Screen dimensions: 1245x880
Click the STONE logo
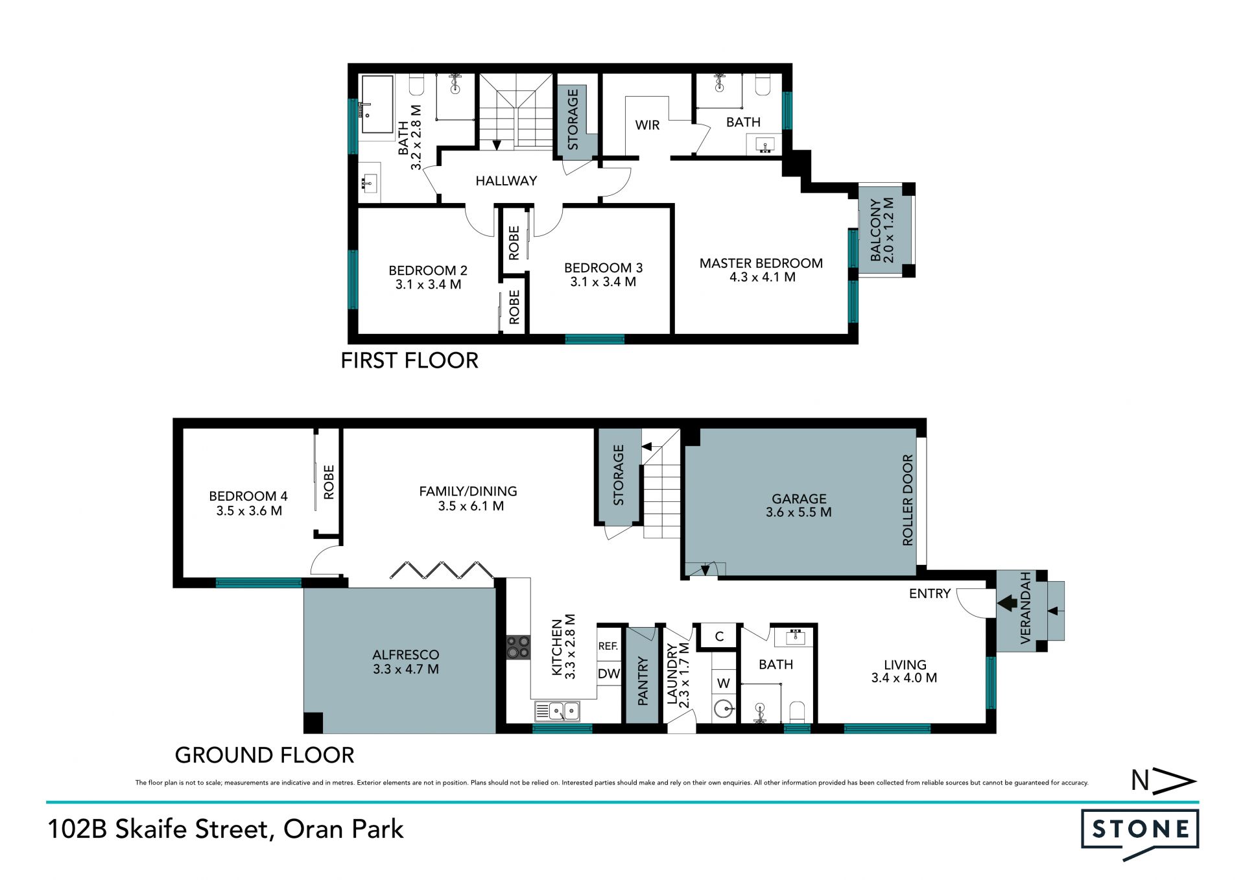1140,833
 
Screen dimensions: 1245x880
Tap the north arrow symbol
1163,781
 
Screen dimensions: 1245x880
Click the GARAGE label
799,499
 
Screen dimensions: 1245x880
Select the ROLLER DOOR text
908,500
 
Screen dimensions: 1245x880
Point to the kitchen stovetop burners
518,647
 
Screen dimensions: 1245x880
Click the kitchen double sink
557,711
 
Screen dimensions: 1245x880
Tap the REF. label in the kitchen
608,646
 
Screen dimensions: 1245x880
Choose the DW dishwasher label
608,674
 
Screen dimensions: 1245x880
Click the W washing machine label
724,683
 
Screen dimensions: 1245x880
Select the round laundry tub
724,708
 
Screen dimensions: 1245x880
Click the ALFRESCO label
406,655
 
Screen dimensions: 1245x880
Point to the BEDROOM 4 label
248,496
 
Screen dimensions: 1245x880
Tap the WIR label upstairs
647,125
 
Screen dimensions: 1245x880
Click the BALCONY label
876,230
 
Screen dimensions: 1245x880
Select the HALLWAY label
506,181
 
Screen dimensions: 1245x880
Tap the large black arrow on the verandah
1008,604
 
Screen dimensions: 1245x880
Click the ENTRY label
930,593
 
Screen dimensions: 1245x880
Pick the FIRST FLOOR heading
410,361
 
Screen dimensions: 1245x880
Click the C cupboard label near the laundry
719,636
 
